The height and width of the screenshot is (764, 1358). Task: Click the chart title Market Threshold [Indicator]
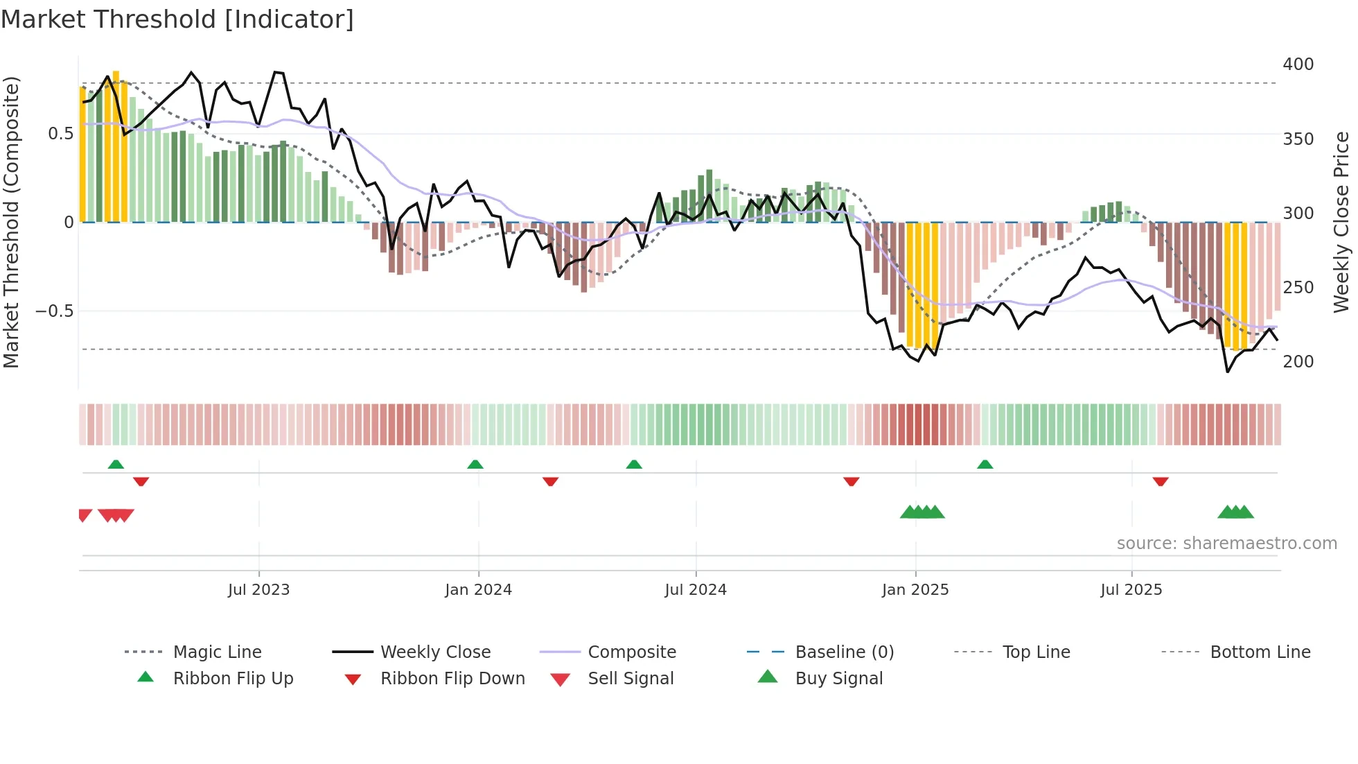pyautogui.click(x=177, y=19)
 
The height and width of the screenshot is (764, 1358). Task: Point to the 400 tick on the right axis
pyautogui.click(x=1298, y=64)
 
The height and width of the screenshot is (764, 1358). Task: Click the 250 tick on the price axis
pyautogui.click(x=1298, y=287)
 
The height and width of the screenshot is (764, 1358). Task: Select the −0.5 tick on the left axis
pyautogui.click(x=55, y=311)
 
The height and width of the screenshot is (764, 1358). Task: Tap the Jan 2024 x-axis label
pyautogui.click(x=478, y=590)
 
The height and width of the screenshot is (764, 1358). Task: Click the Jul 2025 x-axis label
pyautogui.click(x=1131, y=590)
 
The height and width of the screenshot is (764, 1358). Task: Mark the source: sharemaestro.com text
pyautogui.click(x=1226, y=544)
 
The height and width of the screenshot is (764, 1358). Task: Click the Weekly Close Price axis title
pyautogui.click(x=1341, y=222)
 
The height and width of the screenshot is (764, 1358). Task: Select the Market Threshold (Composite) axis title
pyautogui.click(x=12, y=222)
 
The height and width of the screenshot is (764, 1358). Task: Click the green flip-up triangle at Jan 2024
pyautogui.click(x=475, y=465)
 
